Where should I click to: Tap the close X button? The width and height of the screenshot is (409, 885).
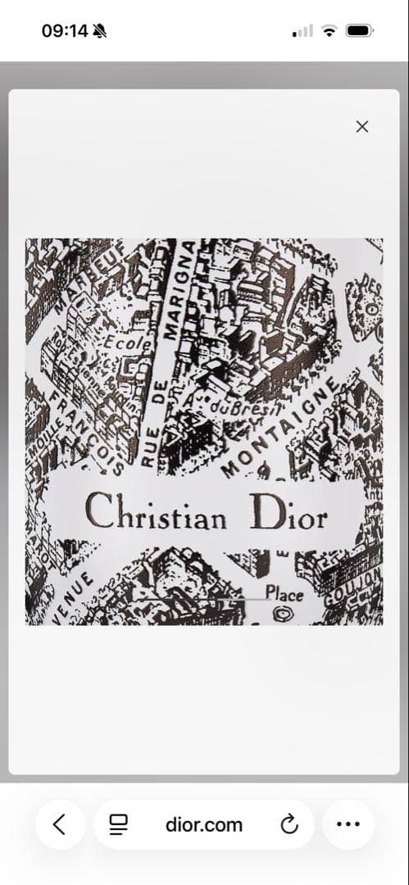point(362,126)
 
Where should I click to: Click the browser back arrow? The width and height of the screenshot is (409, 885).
point(60,824)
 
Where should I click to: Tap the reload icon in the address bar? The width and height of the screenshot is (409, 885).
point(289,824)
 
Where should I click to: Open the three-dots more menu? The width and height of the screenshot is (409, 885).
point(348,824)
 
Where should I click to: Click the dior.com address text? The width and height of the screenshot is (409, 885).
point(204,824)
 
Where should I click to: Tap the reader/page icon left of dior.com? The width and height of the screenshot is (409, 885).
point(119,824)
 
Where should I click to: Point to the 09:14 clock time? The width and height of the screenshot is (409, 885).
point(65,31)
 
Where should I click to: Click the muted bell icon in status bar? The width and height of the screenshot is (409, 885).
point(101,31)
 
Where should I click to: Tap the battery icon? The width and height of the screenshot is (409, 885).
point(359,31)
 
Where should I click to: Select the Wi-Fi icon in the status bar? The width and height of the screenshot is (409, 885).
point(329,31)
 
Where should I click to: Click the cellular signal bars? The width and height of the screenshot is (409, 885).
point(303,31)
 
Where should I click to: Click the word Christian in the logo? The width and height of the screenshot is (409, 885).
point(156,512)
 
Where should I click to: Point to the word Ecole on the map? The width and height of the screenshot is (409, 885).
point(128,344)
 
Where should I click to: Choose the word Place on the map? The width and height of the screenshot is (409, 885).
point(284,593)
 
